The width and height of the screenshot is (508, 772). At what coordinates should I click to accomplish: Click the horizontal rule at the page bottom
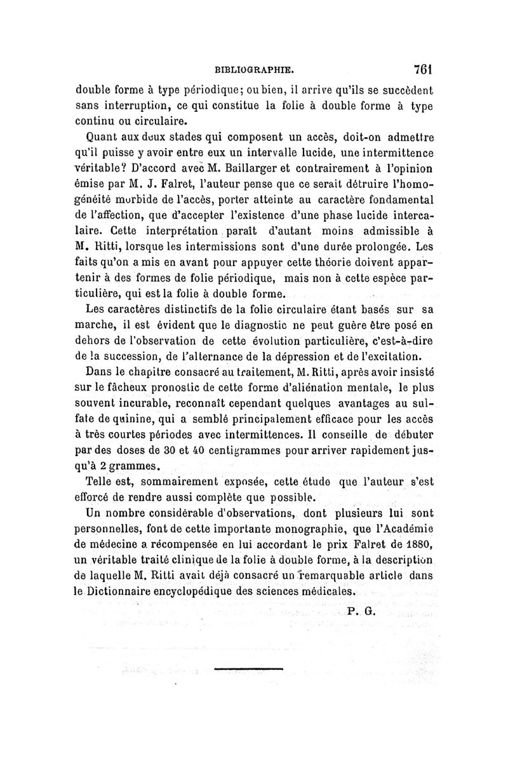click(248, 668)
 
